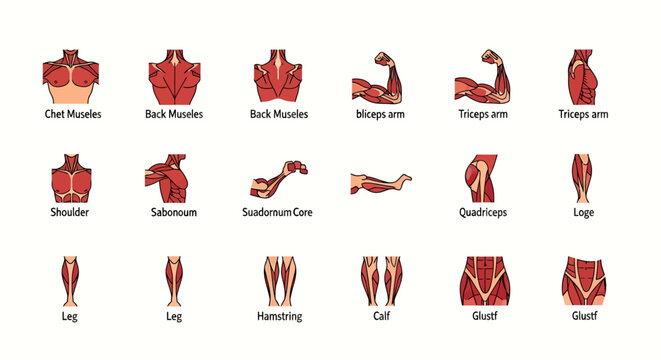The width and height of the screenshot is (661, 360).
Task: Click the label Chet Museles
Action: click(x=73, y=115)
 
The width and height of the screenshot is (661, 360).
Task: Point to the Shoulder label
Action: click(x=70, y=212)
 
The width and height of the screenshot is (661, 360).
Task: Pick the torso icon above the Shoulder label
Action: click(x=70, y=178)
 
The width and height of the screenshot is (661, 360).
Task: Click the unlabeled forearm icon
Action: click(x=381, y=181)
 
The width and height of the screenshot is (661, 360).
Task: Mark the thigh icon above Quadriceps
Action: click(x=478, y=178)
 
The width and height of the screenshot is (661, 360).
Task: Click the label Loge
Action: click(x=584, y=212)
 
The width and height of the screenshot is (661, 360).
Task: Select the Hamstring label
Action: click(x=279, y=316)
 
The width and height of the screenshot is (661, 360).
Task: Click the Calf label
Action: click(x=381, y=316)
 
